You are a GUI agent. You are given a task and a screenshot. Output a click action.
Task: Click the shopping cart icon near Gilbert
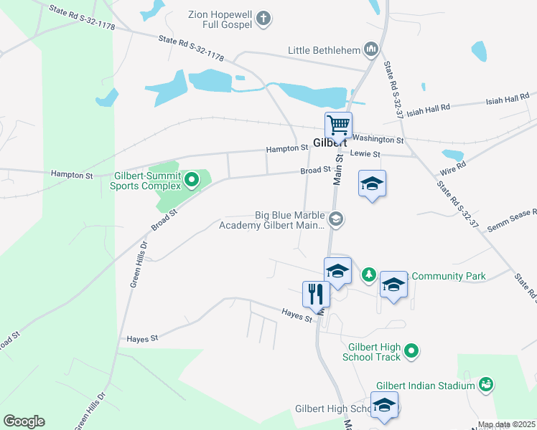click(x=338, y=125)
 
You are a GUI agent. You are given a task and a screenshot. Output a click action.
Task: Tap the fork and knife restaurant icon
click(x=316, y=294)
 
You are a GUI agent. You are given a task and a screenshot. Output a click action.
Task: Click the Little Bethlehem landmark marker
click(x=371, y=49)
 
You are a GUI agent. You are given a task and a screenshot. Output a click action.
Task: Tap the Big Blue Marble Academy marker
click(x=336, y=219)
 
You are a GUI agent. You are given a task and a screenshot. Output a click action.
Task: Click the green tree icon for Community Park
click(x=368, y=274)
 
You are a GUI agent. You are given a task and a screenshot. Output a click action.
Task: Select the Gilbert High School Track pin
click(x=411, y=351)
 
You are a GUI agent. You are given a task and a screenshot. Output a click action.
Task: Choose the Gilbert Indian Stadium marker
click(x=486, y=386)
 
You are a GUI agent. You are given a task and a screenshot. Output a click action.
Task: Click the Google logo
click(x=24, y=421)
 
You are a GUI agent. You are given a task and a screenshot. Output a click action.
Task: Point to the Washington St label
click(x=378, y=140)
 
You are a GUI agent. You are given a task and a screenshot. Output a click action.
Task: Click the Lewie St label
click(x=365, y=154)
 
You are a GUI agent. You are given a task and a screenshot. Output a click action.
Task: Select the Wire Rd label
click(x=453, y=168)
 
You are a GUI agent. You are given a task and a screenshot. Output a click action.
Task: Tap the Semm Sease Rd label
click(x=512, y=214)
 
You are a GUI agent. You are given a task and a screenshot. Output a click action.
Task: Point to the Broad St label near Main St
click(x=315, y=171)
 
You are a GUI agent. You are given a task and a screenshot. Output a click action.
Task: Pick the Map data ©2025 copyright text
click(x=507, y=425)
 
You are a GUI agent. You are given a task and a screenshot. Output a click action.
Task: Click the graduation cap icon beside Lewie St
click(x=372, y=183)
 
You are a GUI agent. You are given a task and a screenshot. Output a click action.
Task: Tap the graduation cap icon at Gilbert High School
click(x=384, y=405)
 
